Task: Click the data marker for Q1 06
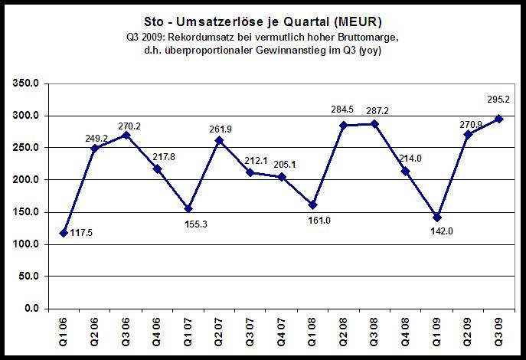[64, 233]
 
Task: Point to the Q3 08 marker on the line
[374, 124]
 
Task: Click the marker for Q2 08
[344, 126]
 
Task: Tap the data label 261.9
[220, 128]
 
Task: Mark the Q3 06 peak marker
[126, 135]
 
